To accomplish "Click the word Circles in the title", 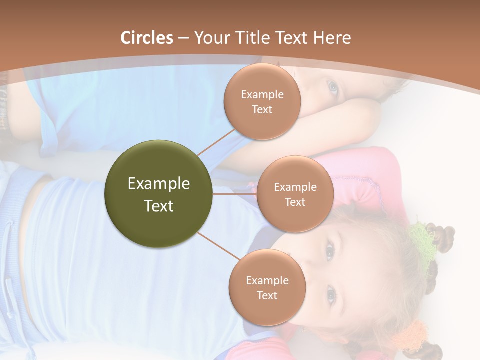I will click(147, 38).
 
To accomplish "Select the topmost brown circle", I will click(262, 101).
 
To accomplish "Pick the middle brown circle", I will click(295, 194).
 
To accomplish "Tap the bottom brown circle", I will click(267, 287).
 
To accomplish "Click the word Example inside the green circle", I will click(159, 184).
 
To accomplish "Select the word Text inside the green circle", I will click(159, 206).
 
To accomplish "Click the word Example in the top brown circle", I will click(262, 94).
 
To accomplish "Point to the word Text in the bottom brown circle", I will click(267, 295).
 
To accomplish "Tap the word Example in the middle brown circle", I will click(295, 187).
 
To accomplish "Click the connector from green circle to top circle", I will click(216, 142).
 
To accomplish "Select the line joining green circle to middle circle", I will click(235, 194).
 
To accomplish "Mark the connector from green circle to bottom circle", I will click(219, 246).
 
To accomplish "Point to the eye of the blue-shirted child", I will click(332, 88).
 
